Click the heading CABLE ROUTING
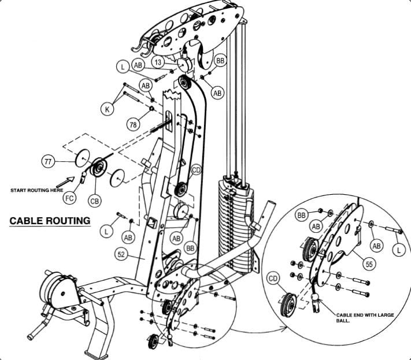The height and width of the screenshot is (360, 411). [50, 220]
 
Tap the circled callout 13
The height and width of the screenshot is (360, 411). [158, 61]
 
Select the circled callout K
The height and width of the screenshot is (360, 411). [108, 109]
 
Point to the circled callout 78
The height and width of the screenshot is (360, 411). [132, 123]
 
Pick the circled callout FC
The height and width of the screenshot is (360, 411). [69, 198]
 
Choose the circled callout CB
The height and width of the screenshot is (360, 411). [94, 200]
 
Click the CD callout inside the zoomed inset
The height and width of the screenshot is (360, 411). [273, 280]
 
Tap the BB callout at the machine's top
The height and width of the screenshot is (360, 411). [220, 60]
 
